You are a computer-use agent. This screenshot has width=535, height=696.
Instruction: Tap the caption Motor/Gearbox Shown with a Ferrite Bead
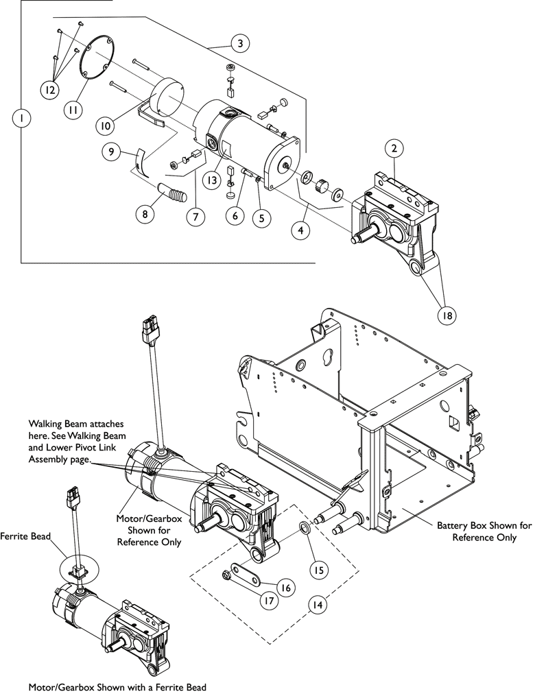coord(117,686)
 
